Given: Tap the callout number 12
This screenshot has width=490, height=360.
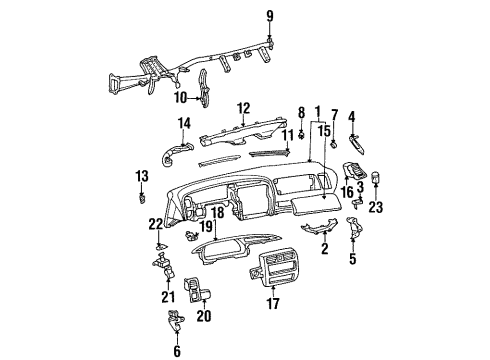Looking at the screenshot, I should [x=243, y=107].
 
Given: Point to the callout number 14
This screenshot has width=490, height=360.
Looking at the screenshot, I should [x=184, y=123].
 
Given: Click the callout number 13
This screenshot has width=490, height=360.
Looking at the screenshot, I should [x=141, y=176].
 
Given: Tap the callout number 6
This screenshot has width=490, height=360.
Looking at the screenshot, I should [x=178, y=350].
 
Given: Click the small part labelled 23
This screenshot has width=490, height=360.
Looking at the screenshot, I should [x=376, y=181].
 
